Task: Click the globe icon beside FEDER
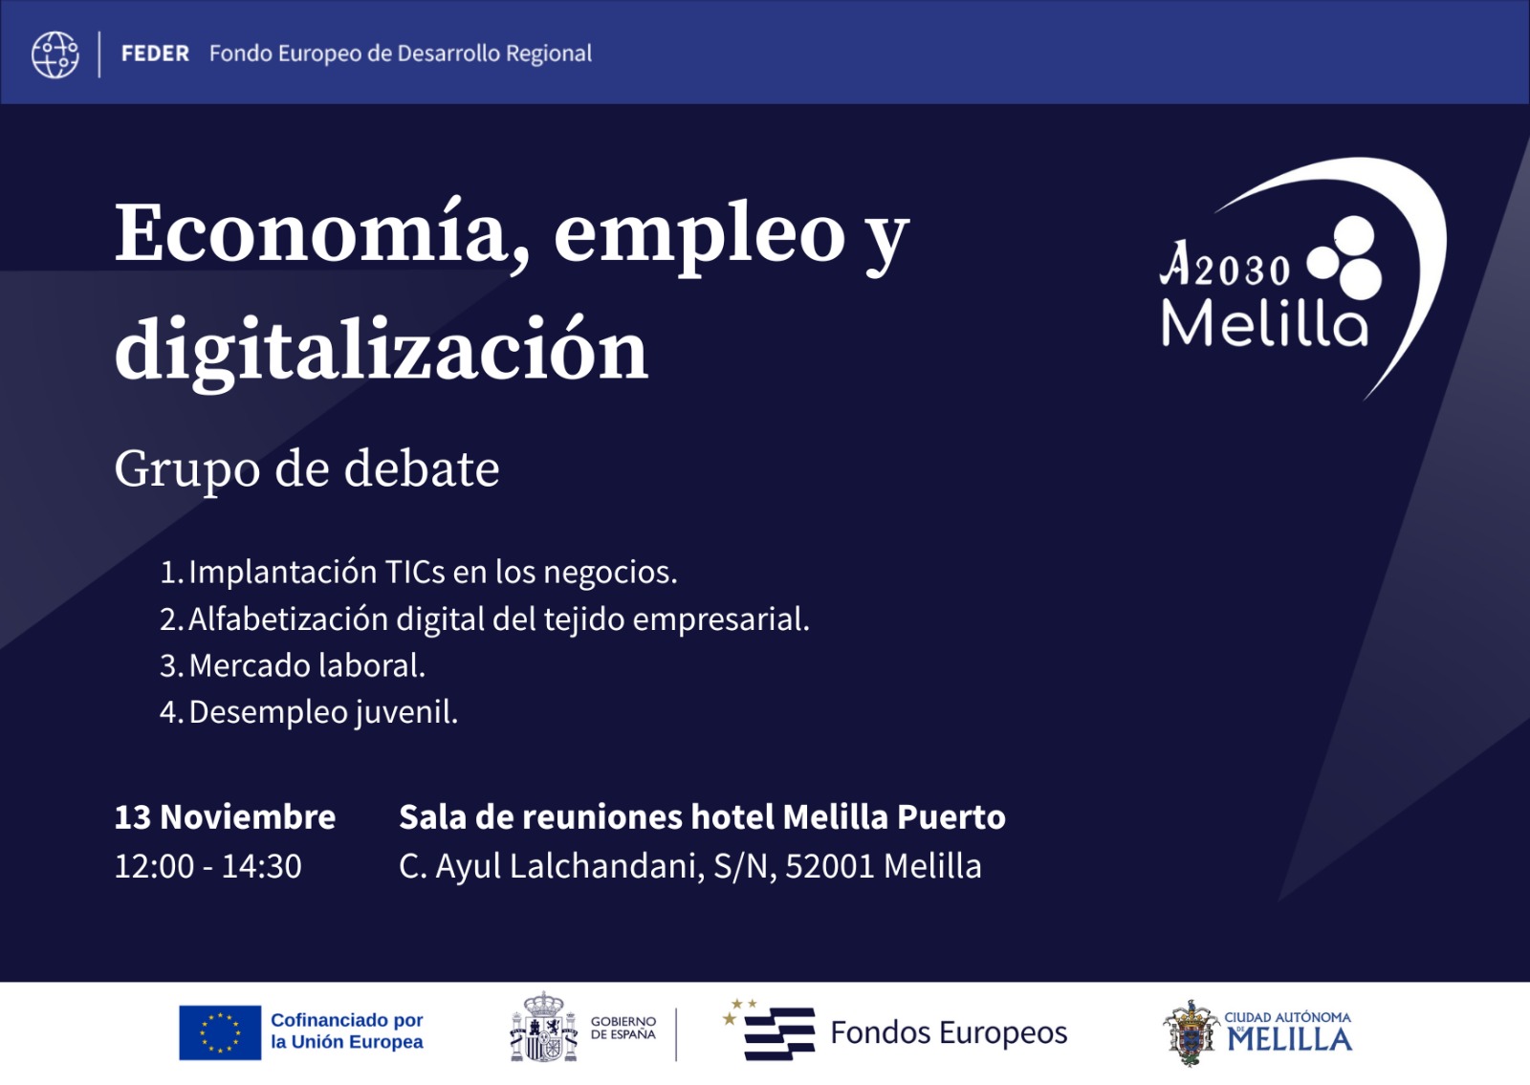55,54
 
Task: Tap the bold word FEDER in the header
155,54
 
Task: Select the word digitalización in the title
381,350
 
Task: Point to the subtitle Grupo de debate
306,468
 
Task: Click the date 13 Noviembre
225,817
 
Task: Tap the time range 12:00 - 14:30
208,866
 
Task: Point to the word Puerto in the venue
951,817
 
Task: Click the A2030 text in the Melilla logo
1226,266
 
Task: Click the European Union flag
220,1032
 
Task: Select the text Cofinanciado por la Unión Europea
346,1031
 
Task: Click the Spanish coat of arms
543,1029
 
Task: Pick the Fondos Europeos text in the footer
949,1032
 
